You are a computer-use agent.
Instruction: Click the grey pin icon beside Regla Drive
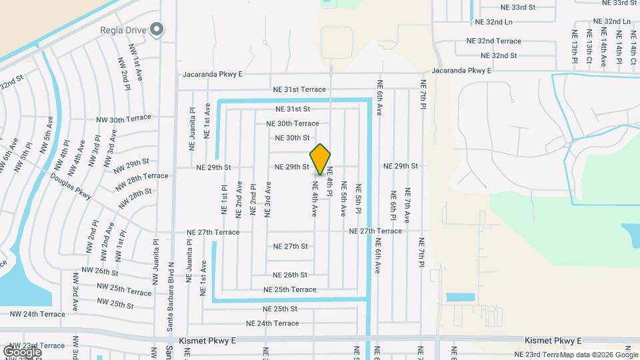pyautogui.click(x=157, y=29)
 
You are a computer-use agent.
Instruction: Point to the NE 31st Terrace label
pyautogui.click(x=299, y=89)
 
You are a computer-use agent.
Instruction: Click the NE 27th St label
pyautogui.click(x=290, y=246)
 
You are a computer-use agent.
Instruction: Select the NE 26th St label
pyautogui.click(x=289, y=275)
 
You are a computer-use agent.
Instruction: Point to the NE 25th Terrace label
pyautogui.click(x=289, y=289)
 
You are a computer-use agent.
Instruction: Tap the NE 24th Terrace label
pyautogui.click(x=272, y=323)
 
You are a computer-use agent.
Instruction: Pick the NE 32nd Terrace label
pyautogui.click(x=493, y=41)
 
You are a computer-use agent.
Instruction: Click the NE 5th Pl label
pyautogui.click(x=358, y=199)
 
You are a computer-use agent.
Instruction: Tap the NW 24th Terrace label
pyautogui.click(x=37, y=313)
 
